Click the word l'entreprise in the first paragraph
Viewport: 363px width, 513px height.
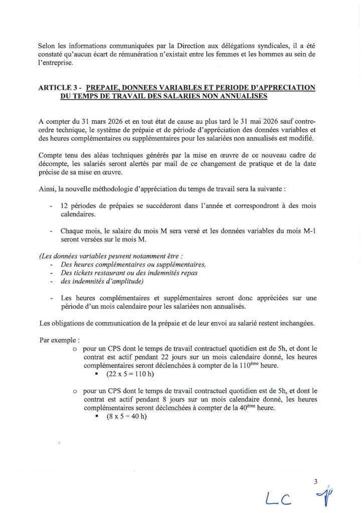[55, 64]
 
